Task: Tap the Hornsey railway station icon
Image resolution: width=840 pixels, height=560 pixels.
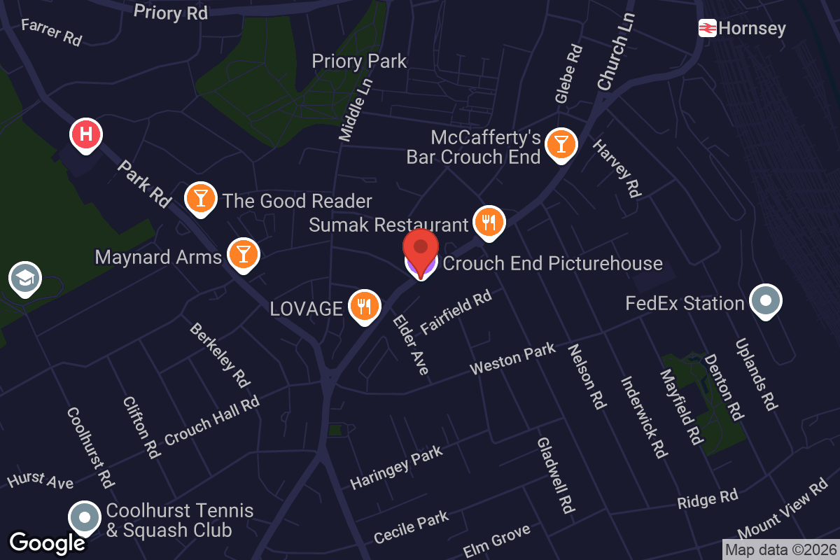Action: [707, 28]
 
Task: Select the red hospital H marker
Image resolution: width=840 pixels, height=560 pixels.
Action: [86, 134]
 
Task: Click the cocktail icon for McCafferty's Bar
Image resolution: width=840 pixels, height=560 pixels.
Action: [561, 143]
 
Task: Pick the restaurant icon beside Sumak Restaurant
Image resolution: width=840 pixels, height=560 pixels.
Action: [489, 222]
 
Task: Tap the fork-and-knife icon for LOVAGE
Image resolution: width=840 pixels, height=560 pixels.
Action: [364, 306]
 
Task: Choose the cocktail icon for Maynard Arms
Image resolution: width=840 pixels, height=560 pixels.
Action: [243, 253]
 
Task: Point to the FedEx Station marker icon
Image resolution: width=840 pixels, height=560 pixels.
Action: [765, 301]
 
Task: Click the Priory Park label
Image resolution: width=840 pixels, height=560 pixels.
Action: [359, 62]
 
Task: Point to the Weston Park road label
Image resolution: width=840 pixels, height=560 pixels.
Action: [512, 358]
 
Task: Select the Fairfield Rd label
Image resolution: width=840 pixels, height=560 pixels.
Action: [456, 311]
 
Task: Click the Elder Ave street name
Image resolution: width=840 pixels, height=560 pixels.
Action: [410, 344]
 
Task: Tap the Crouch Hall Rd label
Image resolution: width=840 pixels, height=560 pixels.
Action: [211, 420]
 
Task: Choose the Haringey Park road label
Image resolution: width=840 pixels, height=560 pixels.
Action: [396, 468]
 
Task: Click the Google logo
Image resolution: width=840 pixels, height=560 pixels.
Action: [47, 542]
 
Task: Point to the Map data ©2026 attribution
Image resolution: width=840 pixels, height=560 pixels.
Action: [780, 549]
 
